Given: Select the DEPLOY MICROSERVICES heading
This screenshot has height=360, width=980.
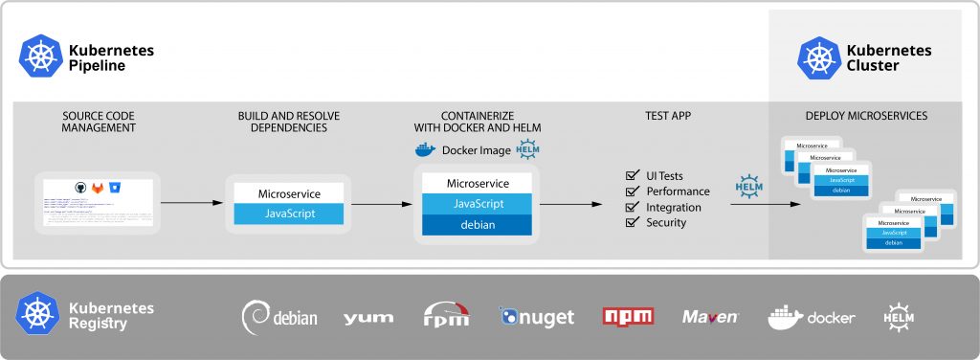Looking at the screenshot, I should pos(866,116).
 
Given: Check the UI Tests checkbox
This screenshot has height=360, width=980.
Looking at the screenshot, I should pos(632,176).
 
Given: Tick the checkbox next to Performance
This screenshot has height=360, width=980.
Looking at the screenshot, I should pos(632,191).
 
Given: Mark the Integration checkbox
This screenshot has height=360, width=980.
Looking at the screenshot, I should pos(632,207).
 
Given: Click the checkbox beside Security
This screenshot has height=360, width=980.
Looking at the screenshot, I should pos(632,222).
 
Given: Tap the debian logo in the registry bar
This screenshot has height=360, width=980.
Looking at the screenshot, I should pos(278,316).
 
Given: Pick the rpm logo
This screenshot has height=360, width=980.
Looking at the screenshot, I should pos(446,316).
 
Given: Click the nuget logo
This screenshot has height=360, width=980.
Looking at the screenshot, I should pos(536,316).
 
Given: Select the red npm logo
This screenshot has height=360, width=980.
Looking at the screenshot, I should pos(628,316).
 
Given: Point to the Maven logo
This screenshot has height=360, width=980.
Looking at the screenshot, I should pos(710,316).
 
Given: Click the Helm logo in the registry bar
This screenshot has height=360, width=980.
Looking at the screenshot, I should pos(900,316).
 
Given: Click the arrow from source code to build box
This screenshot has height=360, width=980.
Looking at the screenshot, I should pos(191,203).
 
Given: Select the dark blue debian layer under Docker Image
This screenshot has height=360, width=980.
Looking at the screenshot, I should pos(477,224).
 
